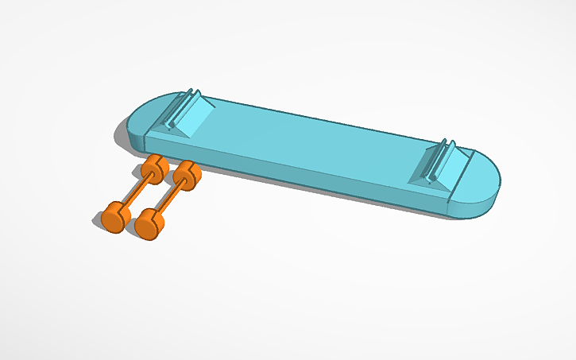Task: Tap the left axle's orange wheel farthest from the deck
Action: [x=114, y=217]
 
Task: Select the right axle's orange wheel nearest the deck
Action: [x=187, y=173]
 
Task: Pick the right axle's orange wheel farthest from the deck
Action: [x=149, y=223]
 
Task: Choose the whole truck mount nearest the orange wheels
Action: [x=187, y=116]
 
